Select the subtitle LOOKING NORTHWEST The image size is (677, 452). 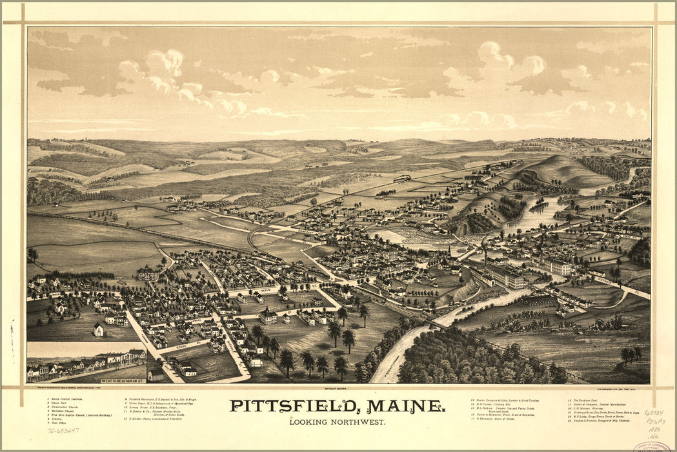pos(338,422)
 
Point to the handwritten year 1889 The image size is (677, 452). pos(654,429)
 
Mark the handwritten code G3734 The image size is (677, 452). pos(654,413)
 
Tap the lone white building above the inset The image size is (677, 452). pos(98,330)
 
